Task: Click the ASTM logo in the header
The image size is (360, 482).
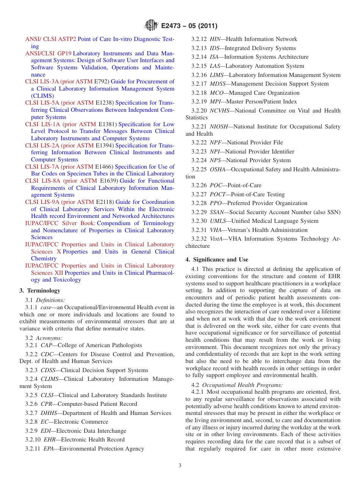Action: point(151,26)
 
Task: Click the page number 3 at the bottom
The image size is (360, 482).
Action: point(180,465)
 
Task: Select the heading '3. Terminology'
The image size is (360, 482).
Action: point(40,291)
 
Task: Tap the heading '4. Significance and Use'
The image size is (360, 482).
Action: point(217,260)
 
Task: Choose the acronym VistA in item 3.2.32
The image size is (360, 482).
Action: point(217,239)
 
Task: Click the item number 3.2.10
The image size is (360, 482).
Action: point(33,440)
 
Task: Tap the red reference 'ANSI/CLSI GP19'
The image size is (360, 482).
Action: point(48,53)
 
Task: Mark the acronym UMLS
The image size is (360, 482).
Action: point(218,221)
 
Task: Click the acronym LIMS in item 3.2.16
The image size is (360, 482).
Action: point(218,75)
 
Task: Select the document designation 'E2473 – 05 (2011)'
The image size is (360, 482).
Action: point(189,26)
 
